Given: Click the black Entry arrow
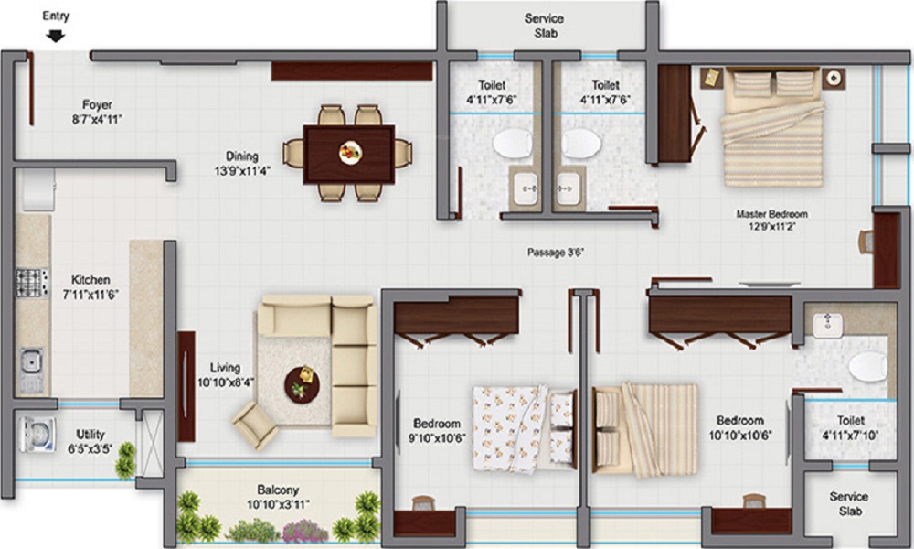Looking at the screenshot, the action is pyautogui.click(x=56, y=37).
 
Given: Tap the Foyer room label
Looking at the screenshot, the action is pyautogui.click(x=97, y=105).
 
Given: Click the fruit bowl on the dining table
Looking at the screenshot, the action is pyautogui.click(x=350, y=153).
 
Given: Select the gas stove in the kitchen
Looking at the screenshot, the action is pyautogui.click(x=31, y=283).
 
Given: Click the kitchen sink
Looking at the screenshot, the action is pyautogui.click(x=31, y=370).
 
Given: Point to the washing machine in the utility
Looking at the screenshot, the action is pyautogui.click(x=37, y=435).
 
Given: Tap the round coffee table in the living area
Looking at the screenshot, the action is pyautogui.click(x=302, y=384).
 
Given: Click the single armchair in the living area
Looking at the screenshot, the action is pyautogui.click(x=255, y=425).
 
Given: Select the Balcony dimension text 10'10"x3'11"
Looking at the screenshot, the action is pyautogui.click(x=278, y=504).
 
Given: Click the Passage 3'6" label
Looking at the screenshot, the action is pyautogui.click(x=556, y=253).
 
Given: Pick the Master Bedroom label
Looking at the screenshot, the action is pyautogui.click(x=771, y=214).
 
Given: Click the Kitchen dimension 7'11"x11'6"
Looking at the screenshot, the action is pyautogui.click(x=90, y=295).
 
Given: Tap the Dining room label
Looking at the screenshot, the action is pyautogui.click(x=242, y=156).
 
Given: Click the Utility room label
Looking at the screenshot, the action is pyautogui.click(x=90, y=434).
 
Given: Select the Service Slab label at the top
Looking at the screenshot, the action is pyautogui.click(x=545, y=26).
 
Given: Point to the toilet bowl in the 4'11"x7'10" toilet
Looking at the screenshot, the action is pyautogui.click(x=868, y=367).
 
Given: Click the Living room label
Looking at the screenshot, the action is pyautogui.click(x=225, y=368).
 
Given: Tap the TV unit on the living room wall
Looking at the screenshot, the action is pyautogui.click(x=186, y=386).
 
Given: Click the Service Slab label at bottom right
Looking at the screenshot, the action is pyautogui.click(x=849, y=503).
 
